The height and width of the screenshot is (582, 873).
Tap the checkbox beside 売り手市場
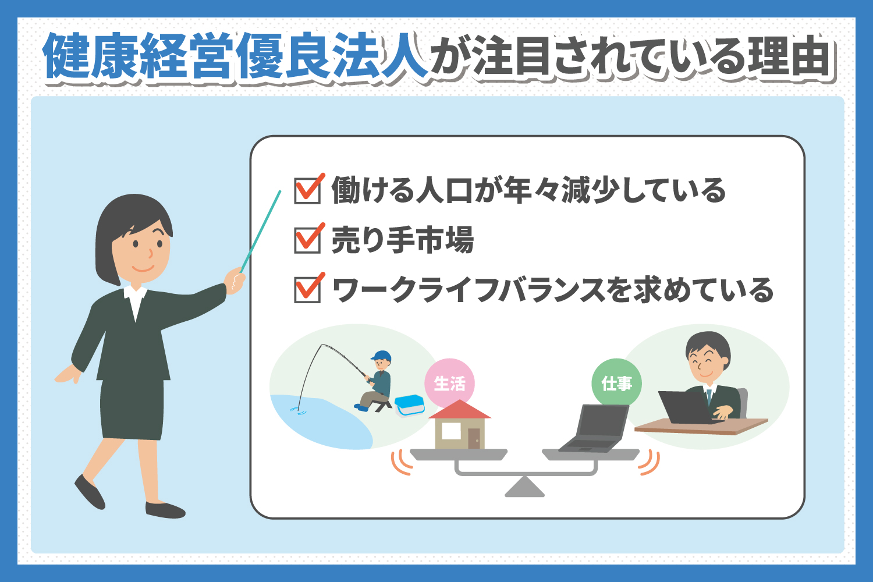(x=307, y=240)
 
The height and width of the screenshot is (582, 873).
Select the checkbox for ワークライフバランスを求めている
(x=307, y=290)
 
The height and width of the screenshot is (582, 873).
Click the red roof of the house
(x=460, y=410)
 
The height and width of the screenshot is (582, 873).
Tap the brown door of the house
(x=474, y=439)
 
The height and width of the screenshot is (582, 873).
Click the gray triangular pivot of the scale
(x=524, y=487)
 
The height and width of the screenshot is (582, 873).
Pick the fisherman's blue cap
(x=381, y=356)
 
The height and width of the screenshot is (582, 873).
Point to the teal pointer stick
(x=260, y=232)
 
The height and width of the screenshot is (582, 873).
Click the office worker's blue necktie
(x=709, y=397)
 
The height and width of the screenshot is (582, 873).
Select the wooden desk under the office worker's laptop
(x=701, y=427)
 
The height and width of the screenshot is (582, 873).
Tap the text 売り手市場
(x=402, y=240)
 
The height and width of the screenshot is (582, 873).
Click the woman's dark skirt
(x=132, y=409)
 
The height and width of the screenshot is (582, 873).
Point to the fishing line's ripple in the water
(x=298, y=411)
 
